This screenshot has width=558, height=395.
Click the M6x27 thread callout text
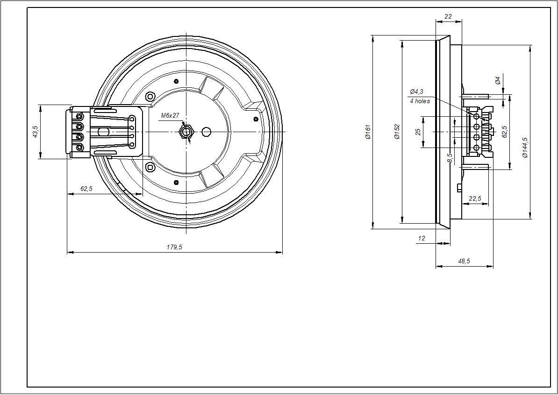pos(170,115)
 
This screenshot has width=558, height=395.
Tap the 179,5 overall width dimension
pos(174,247)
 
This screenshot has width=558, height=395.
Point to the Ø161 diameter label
pos(368,132)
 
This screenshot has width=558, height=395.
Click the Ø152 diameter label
pos(397,132)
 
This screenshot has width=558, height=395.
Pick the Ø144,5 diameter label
pos(525,148)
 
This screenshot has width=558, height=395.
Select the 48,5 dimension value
pos(464,261)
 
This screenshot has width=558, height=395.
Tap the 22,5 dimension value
pos(475,199)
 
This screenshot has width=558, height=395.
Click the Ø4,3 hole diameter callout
pos(416,92)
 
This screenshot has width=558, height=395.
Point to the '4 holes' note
pos(420,101)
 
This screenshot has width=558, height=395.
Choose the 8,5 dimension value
pos(450,158)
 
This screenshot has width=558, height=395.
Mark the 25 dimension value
pos(418,132)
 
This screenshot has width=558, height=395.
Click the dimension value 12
pos(422,238)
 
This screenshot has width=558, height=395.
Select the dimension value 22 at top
pos(448,16)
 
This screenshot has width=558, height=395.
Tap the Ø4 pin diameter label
pos(498,80)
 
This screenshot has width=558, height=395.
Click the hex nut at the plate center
pos(186,132)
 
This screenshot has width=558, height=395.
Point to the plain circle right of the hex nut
pos(206,132)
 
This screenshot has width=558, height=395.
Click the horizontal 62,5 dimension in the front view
pos(86,189)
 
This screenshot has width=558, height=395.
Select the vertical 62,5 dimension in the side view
pos(505,131)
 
